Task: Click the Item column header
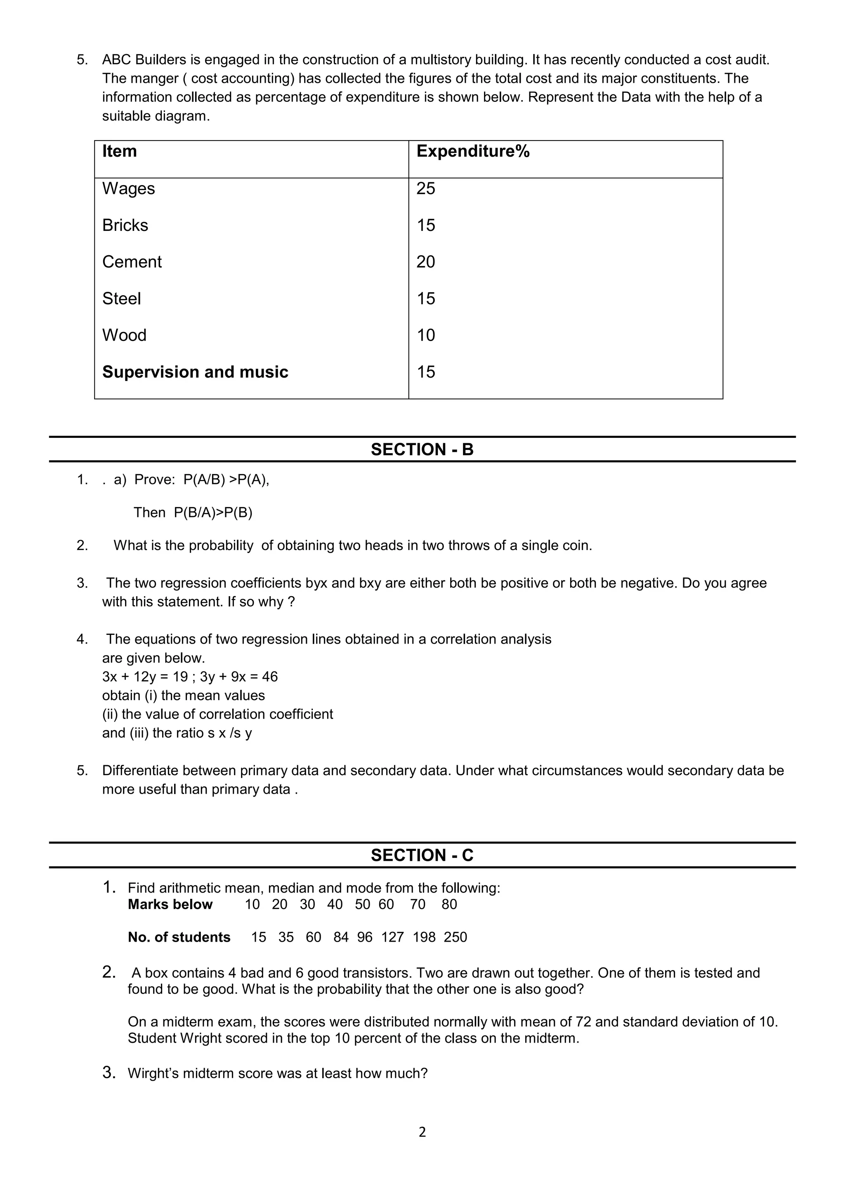point(119,151)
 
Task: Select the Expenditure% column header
point(472,151)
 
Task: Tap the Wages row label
point(128,188)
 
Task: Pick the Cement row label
point(132,261)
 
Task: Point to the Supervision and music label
point(195,372)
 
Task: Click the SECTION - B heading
point(422,449)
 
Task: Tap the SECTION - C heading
point(422,855)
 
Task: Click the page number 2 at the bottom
point(422,1132)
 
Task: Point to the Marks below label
point(170,904)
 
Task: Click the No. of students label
point(179,937)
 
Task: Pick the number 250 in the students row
point(455,937)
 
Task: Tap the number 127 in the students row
point(392,937)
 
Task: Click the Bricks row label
point(125,225)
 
